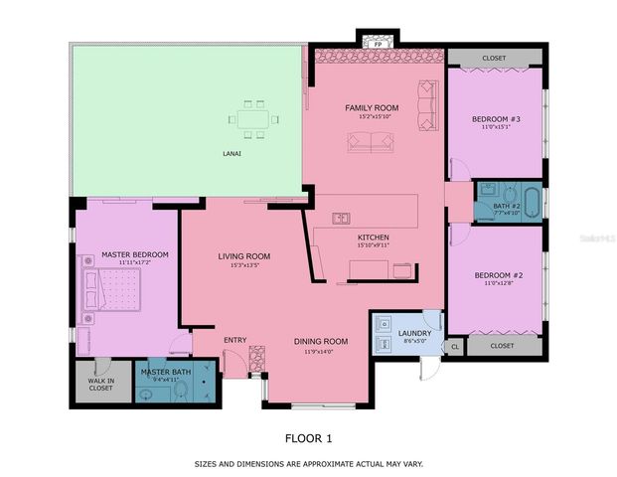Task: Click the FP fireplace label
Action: [x=377, y=45]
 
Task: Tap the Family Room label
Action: [x=372, y=107]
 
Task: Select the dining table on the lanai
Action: [x=252, y=119]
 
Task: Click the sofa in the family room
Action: [x=371, y=142]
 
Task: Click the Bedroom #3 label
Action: [x=496, y=119]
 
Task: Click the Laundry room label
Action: [x=413, y=334]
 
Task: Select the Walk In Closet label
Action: [x=100, y=384]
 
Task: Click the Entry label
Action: [x=234, y=341]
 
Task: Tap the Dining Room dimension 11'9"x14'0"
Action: [x=320, y=351]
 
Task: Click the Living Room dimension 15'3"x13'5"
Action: [x=244, y=265]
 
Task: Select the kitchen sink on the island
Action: [x=340, y=217]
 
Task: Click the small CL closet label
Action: [x=455, y=347]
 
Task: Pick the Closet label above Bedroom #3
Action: [x=494, y=59]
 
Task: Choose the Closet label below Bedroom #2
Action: [x=502, y=346]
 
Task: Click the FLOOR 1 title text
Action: [x=308, y=437]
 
